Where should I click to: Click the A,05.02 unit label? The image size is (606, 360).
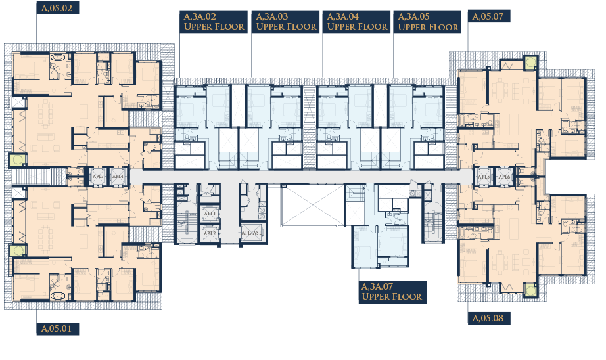58,8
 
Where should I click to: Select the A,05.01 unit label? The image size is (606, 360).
58,328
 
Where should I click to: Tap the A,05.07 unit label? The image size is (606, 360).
489,16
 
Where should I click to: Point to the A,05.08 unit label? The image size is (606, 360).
489,318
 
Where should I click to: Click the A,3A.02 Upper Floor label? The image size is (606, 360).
214,22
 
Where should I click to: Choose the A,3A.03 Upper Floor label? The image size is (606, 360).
286,22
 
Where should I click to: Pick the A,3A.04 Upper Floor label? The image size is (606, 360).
357,22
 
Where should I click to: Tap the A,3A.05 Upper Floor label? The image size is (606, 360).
428,22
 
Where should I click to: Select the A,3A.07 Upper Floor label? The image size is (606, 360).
392,292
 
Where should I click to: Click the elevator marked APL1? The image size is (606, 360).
210,214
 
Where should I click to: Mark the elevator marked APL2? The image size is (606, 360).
210,233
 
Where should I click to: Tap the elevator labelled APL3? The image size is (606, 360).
98,177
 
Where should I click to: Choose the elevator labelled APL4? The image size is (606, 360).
118,177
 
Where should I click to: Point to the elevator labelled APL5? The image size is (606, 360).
484,177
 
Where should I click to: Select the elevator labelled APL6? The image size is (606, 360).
504,177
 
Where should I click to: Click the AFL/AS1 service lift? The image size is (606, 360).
251,233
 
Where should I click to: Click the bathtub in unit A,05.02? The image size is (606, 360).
58,58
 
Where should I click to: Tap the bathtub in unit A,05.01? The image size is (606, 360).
58,296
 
